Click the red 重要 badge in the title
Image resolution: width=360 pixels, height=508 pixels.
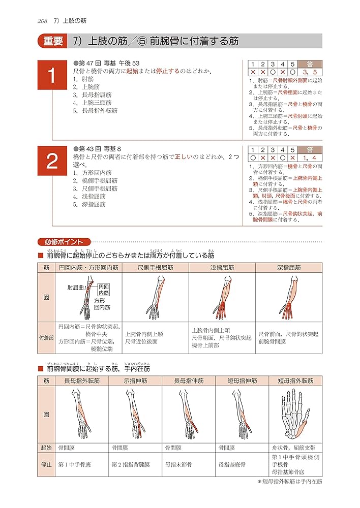pos(52,41)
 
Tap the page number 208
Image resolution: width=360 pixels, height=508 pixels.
pos(42,21)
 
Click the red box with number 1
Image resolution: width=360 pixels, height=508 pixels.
pos(52,76)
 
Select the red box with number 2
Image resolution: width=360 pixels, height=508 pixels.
pos(52,161)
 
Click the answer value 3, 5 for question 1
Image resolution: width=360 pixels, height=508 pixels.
pos(310,72)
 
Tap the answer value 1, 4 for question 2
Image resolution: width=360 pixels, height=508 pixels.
pos(310,158)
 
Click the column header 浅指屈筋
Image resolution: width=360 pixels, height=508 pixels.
pos(222,267)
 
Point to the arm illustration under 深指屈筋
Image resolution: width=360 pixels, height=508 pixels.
pos(289,297)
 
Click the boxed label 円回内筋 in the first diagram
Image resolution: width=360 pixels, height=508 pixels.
pos(104,290)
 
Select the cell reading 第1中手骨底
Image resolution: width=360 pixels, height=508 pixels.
pos(75,464)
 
